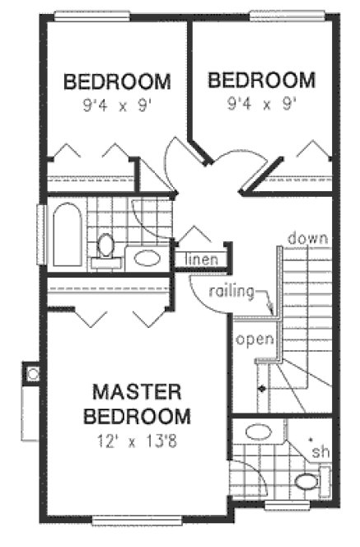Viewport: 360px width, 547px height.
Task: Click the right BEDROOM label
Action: pyautogui.click(x=261, y=80)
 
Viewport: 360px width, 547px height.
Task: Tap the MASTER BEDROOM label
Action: pyautogui.click(x=142, y=402)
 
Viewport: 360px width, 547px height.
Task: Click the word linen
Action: pyautogui.click(x=202, y=259)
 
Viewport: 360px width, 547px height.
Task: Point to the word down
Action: pyautogui.click(x=308, y=238)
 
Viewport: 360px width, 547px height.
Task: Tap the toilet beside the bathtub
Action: pyautogui.click(x=105, y=248)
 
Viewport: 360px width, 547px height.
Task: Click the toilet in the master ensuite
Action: pyautogui.click(x=308, y=481)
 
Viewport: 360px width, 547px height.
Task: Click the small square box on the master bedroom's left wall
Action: pyautogui.click(x=33, y=375)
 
